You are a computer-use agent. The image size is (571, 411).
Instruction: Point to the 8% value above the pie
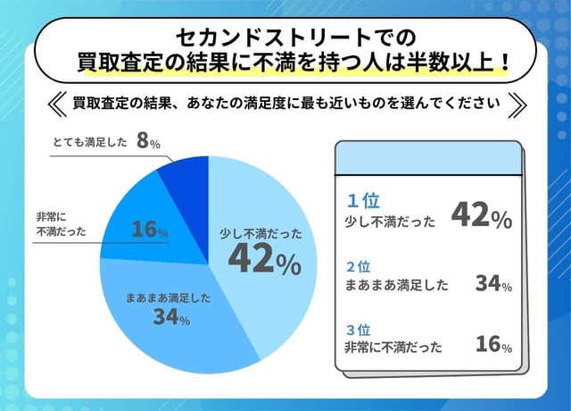tap(148, 141)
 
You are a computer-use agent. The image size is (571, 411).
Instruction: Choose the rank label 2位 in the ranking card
tap(359, 267)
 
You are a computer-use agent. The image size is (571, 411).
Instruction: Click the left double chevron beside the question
tap(56, 102)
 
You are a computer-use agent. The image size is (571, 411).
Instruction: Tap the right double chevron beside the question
tap(515, 102)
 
